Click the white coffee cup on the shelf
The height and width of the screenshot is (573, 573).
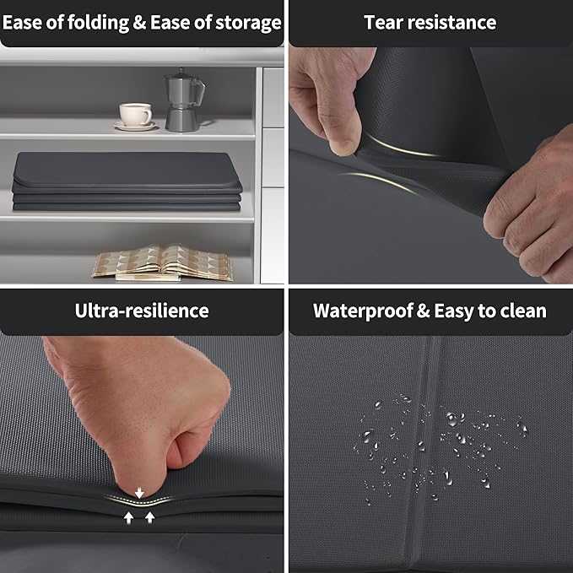tap(135, 114)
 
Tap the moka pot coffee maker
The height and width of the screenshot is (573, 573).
tap(184, 100)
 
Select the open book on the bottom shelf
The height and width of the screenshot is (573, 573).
tap(163, 262)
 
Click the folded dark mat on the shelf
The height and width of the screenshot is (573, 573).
tap(127, 181)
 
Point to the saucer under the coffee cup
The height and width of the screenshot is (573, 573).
tap(135, 126)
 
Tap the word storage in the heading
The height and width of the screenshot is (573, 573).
tap(248, 23)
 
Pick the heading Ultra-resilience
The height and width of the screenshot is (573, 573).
tap(142, 311)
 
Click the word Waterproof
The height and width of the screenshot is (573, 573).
tap(363, 311)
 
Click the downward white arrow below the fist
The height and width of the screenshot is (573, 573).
tap(139, 493)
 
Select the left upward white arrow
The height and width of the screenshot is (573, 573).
tap(128, 517)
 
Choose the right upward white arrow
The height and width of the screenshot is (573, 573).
tap(150, 517)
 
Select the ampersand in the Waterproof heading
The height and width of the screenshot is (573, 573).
tap(423, 311)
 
